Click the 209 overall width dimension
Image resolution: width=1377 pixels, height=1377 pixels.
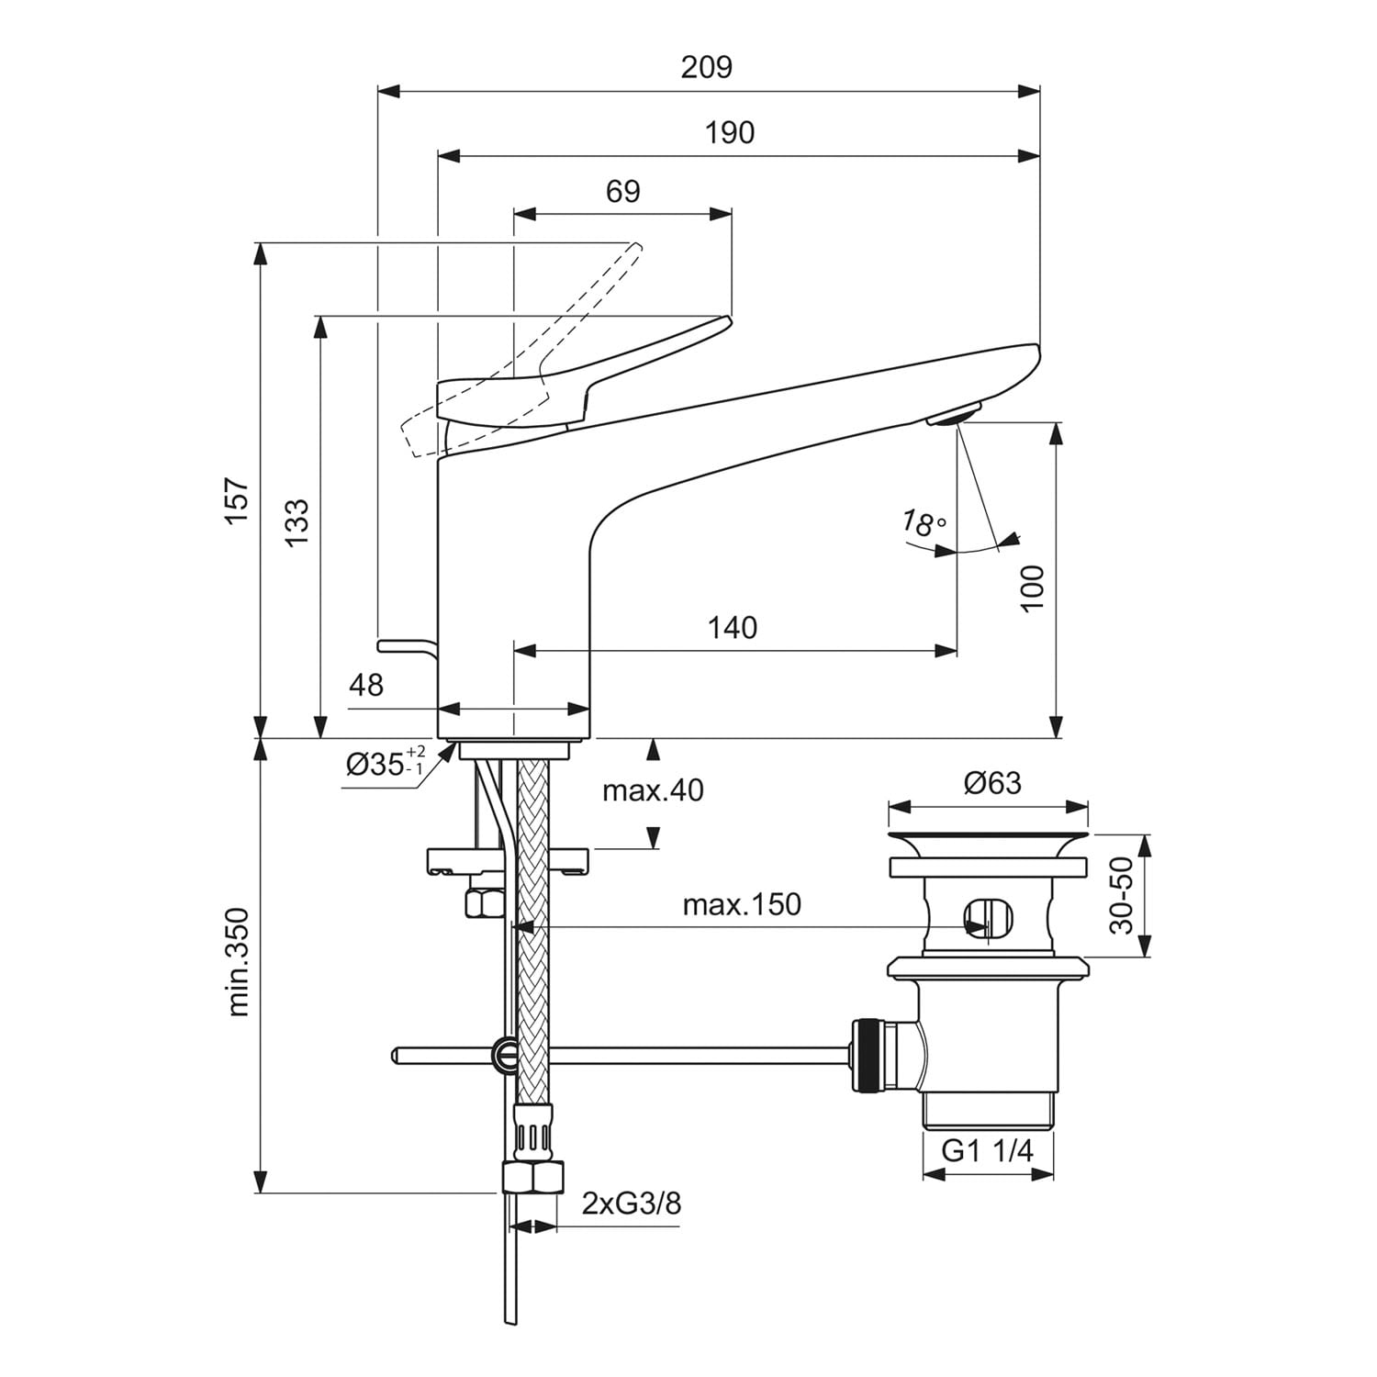707,67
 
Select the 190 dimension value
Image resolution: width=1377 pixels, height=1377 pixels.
730,133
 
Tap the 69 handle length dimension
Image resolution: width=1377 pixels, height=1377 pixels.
623,192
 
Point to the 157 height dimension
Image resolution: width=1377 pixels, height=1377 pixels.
238,500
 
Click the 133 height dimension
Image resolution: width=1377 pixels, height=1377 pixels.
296,523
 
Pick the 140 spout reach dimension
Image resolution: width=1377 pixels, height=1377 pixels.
733,628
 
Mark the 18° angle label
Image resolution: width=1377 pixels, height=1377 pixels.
923,524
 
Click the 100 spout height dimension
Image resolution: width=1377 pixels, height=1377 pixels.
1033,589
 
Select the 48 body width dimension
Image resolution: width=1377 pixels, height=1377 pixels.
366,684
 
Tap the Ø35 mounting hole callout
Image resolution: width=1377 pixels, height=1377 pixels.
386,763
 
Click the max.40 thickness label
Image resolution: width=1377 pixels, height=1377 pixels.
653,790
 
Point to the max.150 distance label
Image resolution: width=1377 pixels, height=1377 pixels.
742,904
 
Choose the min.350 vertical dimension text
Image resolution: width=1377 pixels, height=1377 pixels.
238,961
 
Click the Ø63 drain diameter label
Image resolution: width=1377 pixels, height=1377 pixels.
992,783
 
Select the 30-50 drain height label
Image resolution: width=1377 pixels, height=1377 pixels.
1122,896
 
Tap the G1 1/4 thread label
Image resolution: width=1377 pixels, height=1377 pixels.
988,1150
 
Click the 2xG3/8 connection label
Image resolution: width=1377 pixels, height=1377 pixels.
632,1203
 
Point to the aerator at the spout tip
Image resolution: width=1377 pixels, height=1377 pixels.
954,415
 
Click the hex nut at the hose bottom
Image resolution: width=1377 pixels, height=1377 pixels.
532,1177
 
